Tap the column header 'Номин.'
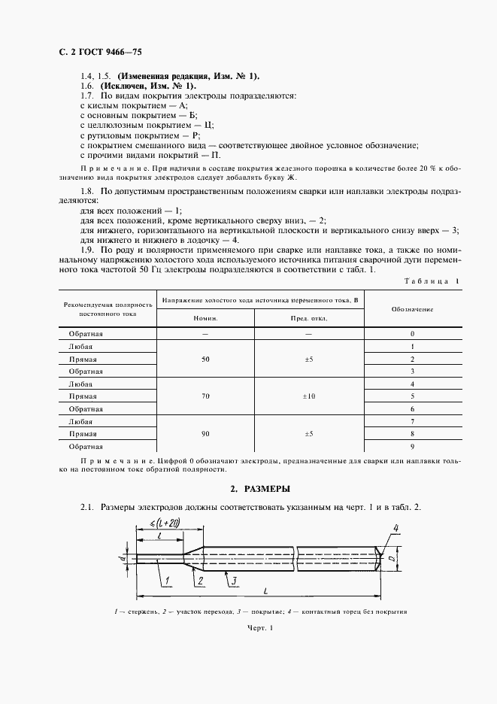pyautogui.click(x=205, y=319)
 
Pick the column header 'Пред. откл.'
pyautogui.click(x=308, y=319)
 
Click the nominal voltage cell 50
pyautogui.click(x=205, y=360)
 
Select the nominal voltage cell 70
pyautogui.click(x=205, y=396)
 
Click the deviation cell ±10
pyautogui.click(x=308, y=396)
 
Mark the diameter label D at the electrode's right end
pyautogui.click(x=393, y=560)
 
